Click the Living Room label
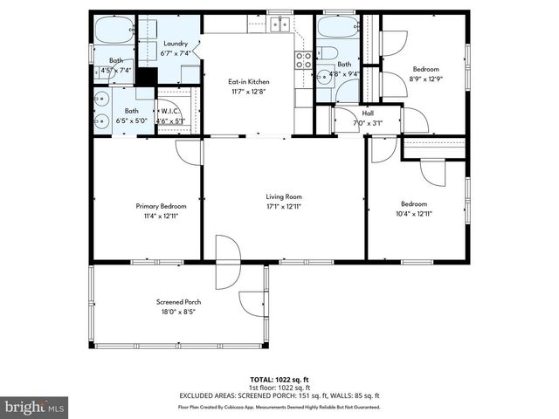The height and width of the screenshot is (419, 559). tap(284, 197)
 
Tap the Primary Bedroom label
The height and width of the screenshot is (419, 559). tap(161, 206)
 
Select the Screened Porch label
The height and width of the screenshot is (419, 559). tap(178, 302)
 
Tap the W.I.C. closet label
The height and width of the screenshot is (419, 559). tap(169, 111)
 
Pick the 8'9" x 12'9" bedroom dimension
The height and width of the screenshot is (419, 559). tap(425, 78)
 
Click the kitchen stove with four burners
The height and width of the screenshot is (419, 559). tap(303, 59)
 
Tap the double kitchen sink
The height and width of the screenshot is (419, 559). tap(279, 24)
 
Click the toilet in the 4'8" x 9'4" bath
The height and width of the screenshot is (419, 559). tap(327, 52)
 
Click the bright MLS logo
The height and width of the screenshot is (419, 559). tap(34, 407)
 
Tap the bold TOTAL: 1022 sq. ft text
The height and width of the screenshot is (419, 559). tap(279, 380)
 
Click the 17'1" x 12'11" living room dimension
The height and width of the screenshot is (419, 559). tap(284, 207)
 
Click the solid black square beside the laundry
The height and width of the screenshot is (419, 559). tap(146, 77)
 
